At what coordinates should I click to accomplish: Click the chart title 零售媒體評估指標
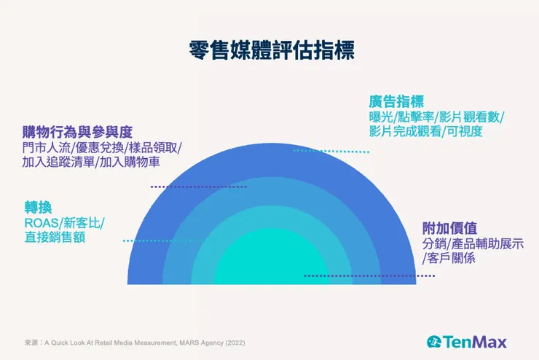coord(269,52)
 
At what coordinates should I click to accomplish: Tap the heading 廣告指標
coord(396,101)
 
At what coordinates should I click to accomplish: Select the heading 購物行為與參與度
coord(76,131)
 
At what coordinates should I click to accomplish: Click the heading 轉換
coord(38,207)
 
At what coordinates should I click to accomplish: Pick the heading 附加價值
coord(449,227)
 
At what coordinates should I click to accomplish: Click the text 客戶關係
coord(449,258)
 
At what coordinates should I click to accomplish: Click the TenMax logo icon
coord(435,342)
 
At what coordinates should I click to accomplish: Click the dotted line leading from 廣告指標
coord(331,151)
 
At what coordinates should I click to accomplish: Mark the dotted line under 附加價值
coord(369,276)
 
